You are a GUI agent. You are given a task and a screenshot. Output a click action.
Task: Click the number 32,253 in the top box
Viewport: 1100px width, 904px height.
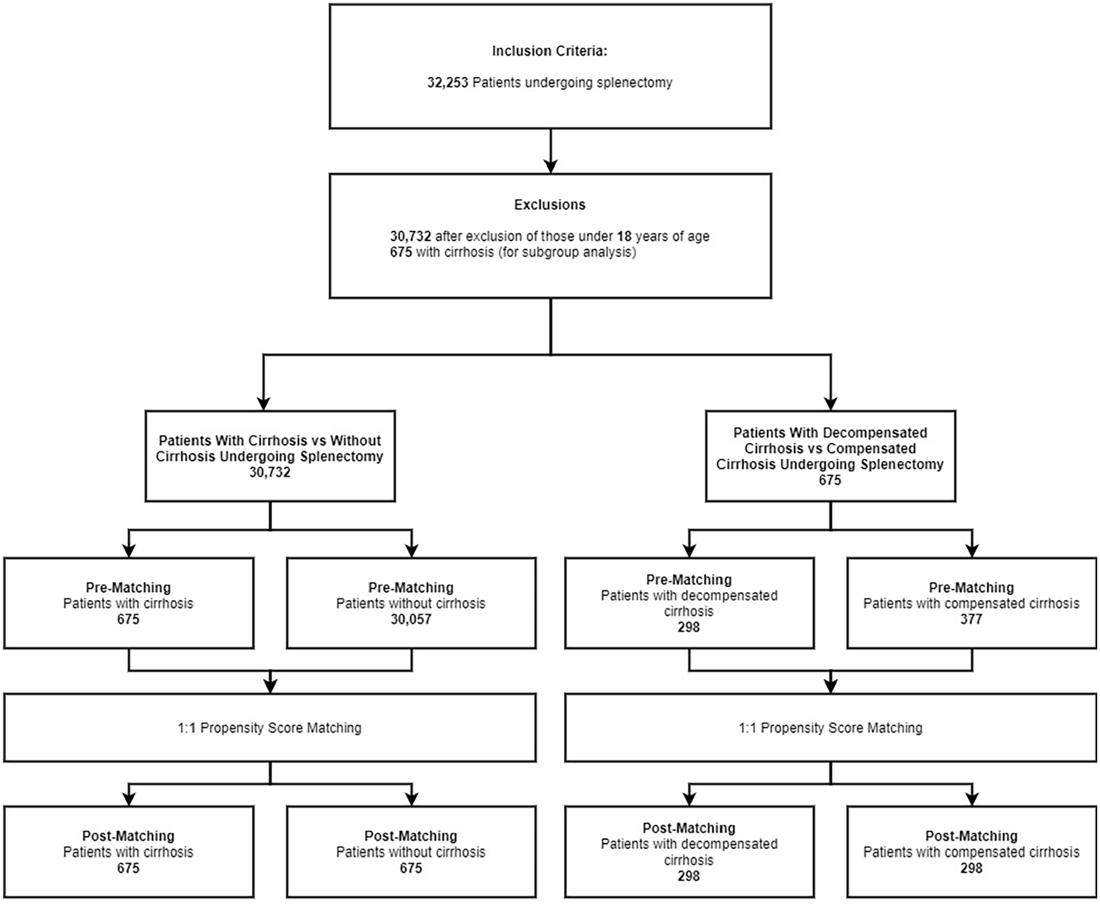[x=447, y=83]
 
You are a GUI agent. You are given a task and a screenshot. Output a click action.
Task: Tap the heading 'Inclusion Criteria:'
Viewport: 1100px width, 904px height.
[x=550, y=51]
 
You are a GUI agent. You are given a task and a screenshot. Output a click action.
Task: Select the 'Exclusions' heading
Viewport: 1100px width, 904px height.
[x=550, y=205]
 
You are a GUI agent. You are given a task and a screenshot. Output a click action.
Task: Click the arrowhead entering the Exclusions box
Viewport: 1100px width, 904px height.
[x=551, y=166]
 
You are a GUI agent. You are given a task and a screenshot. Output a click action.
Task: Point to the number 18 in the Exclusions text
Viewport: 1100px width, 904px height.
[x=624, y=236]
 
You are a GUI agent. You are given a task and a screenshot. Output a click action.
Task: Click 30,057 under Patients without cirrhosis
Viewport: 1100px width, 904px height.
[x=411, y=619]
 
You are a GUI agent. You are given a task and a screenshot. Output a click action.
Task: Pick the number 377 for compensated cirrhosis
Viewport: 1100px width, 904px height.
[x=971, y=619]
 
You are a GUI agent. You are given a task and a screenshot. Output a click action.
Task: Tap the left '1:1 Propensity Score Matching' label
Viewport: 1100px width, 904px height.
[x=270, y=728]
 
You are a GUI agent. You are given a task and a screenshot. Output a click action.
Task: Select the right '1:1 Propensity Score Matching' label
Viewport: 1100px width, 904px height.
[x=830, y=728]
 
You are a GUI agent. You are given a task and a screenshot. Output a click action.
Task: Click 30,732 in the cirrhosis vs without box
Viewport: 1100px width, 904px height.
[x=270, y=472]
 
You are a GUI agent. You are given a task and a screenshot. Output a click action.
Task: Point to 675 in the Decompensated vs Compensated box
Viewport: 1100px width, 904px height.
[x=830, y=480]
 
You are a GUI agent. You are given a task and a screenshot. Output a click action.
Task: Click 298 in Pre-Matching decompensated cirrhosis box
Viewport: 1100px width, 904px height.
[x=688, y=627]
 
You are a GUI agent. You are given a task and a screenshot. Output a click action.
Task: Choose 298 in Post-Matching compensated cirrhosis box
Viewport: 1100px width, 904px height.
[x=971, y=868]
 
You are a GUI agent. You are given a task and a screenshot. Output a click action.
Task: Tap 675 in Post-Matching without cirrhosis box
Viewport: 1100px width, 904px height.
[x=411, y=868]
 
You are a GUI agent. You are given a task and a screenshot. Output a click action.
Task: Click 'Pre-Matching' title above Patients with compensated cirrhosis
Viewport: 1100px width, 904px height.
[x=971, y=587]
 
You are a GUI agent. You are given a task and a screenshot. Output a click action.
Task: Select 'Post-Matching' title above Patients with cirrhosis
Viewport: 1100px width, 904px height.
[x=128, y=836]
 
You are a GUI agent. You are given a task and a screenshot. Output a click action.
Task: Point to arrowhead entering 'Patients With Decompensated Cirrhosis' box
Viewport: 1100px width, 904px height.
[x=831, y=403]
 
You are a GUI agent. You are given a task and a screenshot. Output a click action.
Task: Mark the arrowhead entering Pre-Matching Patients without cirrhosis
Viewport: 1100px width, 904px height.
[x=412, y=550]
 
